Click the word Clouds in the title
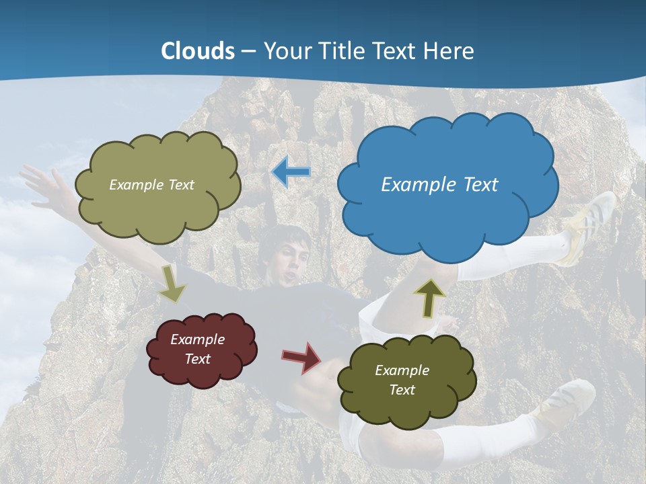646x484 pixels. (x=198, y=51)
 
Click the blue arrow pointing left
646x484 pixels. (x=291, y=173)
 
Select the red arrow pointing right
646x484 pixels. (x=302, y=357)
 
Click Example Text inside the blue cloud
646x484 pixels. (x=439, y=185)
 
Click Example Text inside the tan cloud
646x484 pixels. (x=151, y=185)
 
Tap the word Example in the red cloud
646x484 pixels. (x=197, y=339)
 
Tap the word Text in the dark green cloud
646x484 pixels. (x=402, y=390)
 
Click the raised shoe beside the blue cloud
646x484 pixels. (x=592, y=225)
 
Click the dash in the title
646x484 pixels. (x=248, y=52)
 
